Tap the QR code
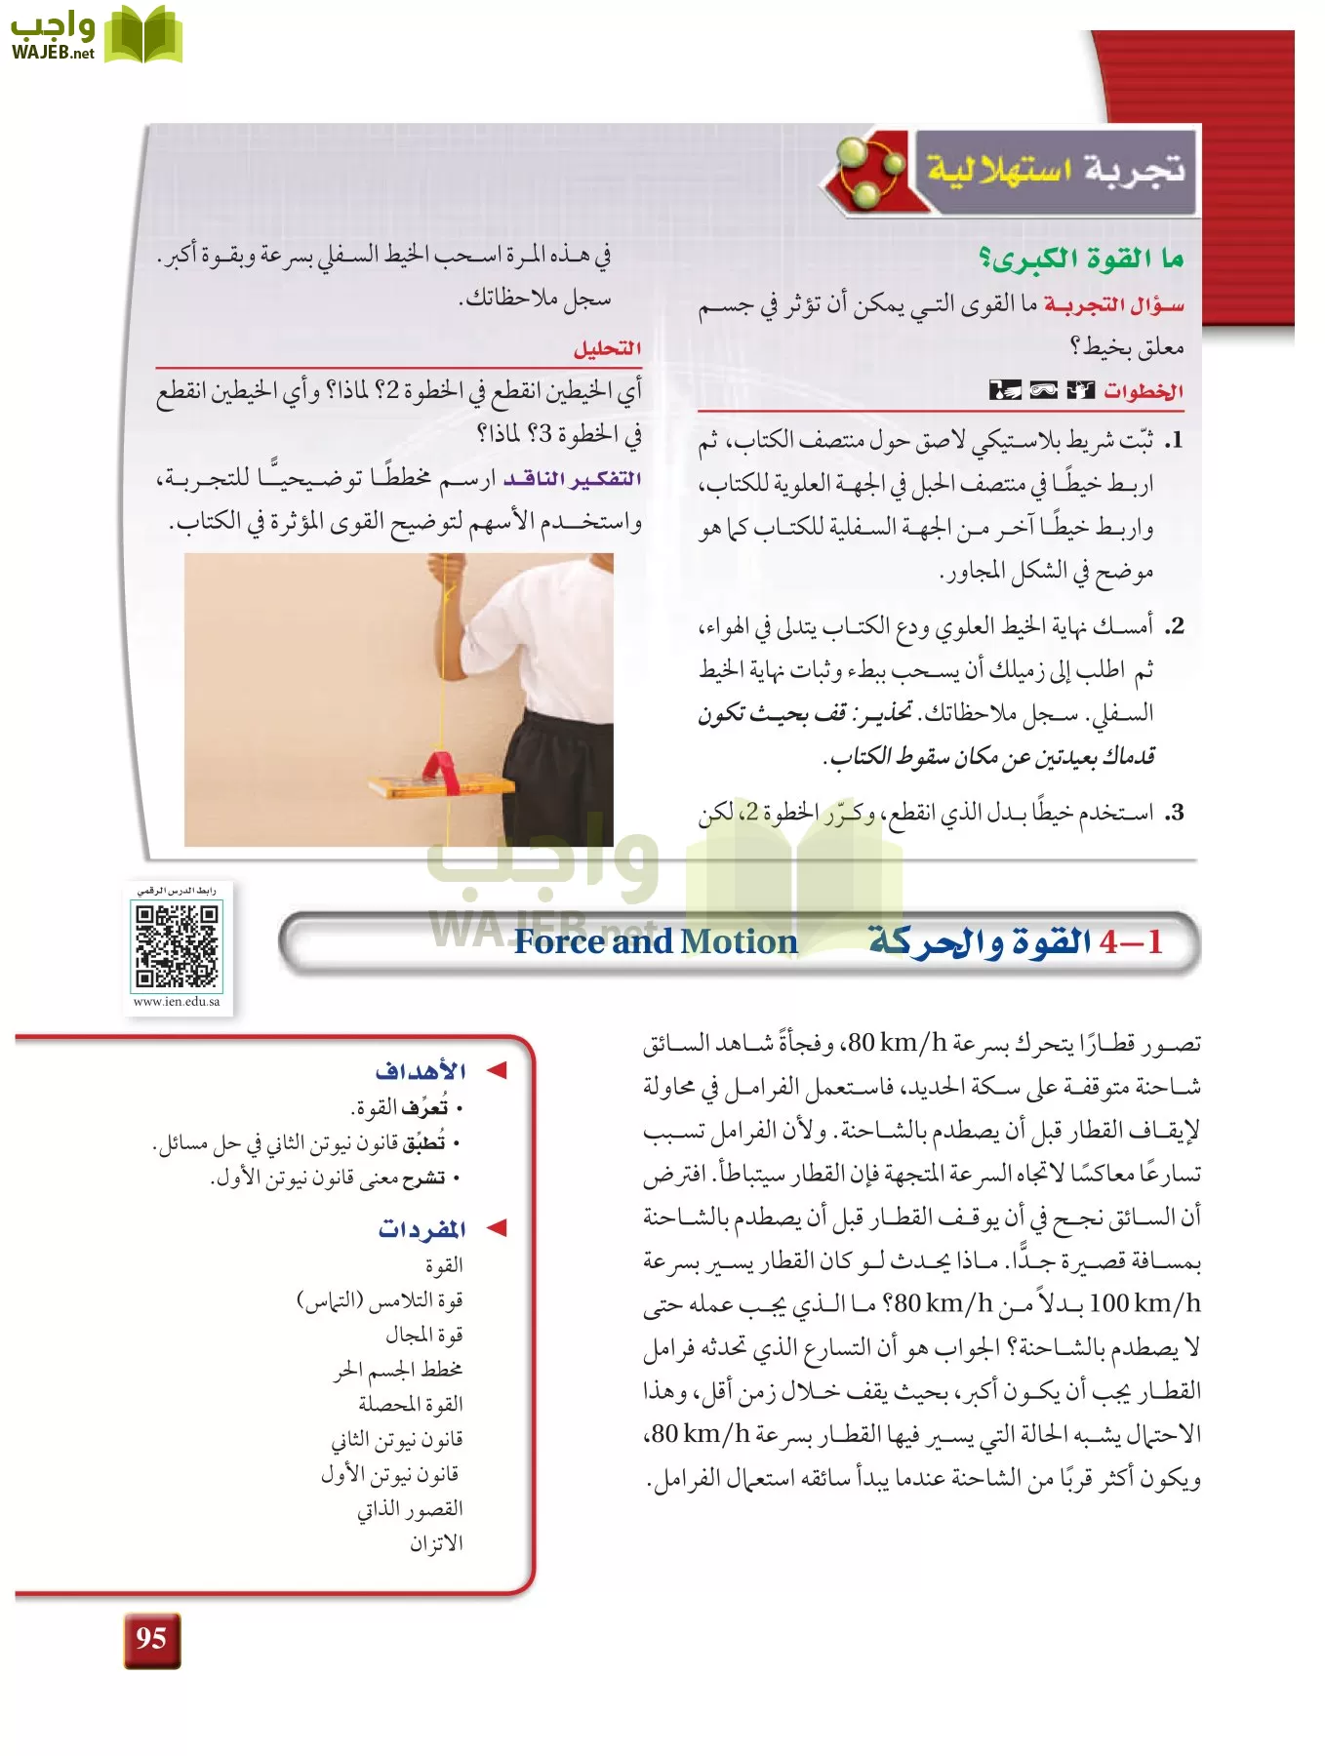(177, 945)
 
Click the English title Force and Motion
(656, 941)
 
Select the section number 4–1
(1131, 941)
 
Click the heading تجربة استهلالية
(1056, 170)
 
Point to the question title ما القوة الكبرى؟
(1081, 259)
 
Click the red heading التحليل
(607, 348)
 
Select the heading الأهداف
(421, 1071)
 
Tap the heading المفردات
(422, 1229)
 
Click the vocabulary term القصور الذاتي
(410, 1509)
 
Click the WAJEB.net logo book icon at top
(143, 36)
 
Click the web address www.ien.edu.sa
(177, 1002)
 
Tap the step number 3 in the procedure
(1176, 813)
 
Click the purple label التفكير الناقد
(573, 479)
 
